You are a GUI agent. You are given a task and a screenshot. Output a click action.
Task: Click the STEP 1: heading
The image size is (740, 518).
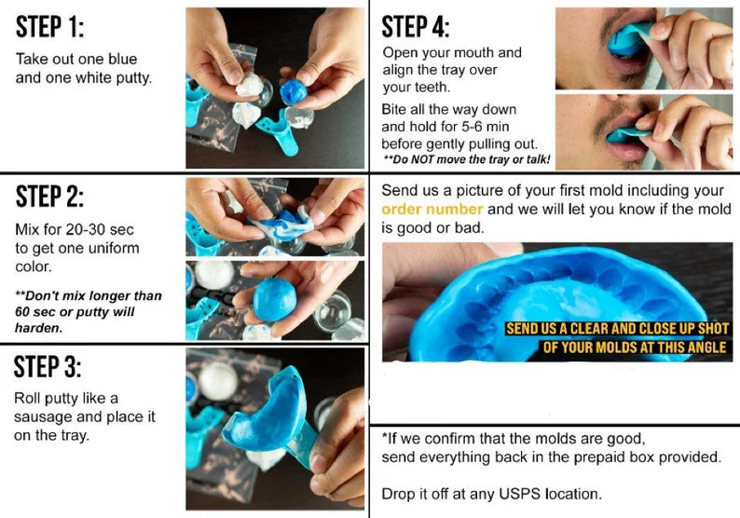click(49, 26)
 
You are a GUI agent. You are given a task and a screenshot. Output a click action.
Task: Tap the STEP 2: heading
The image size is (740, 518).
click(49, 197)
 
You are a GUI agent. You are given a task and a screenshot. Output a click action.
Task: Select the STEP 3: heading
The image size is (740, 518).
click(48, 366)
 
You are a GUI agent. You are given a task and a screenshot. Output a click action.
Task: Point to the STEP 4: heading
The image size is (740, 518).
click(416, 26)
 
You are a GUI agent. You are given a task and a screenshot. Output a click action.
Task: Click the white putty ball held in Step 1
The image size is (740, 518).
click(249, 85)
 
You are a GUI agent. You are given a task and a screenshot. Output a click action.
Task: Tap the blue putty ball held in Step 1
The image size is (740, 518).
click(293, 91)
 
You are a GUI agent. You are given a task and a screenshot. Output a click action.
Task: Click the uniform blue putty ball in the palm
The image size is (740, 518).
click(275, 299)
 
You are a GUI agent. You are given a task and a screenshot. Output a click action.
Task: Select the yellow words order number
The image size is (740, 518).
click(432, 209)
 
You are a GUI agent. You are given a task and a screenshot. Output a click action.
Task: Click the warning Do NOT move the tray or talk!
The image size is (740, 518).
click(466, 159)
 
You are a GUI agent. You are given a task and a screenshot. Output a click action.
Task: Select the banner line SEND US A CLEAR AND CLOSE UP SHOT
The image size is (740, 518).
click(617, 328)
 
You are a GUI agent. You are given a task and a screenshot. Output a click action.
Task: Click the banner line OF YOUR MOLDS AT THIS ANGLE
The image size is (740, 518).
click(635, 348)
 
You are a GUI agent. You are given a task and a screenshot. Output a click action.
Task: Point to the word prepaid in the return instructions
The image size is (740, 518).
click(596, 457)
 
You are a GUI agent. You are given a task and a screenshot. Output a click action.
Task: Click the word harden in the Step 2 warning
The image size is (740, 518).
click(38, 328)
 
